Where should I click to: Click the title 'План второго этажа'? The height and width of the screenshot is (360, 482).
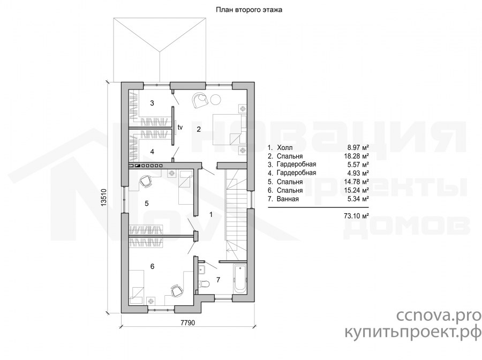(248, 10)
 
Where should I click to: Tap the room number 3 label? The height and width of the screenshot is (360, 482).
(152, 103)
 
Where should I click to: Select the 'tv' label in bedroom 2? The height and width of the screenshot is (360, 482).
(180, 126)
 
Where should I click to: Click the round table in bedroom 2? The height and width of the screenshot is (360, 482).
(216, 99)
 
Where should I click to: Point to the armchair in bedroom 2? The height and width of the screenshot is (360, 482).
(200, 100)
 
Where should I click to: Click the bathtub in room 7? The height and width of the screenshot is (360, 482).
(240, 279)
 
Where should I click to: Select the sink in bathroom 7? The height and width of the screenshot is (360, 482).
(202, 269)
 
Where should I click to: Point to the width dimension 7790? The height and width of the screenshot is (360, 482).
(188, 322)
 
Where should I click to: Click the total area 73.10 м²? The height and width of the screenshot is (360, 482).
(357, 216)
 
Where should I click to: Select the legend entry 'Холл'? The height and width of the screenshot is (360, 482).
(285, 147)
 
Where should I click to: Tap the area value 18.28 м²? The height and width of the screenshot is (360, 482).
(357, 156)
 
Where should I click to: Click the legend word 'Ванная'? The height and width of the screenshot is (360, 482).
(288, 199)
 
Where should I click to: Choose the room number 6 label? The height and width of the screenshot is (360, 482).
(152, 267)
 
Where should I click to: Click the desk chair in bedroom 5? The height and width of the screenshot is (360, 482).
(146, 181)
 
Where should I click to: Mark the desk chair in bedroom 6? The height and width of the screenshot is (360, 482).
(176, 290)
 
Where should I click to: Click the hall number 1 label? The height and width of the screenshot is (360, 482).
(211, 215)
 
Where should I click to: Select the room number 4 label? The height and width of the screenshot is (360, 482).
(152, 152)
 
